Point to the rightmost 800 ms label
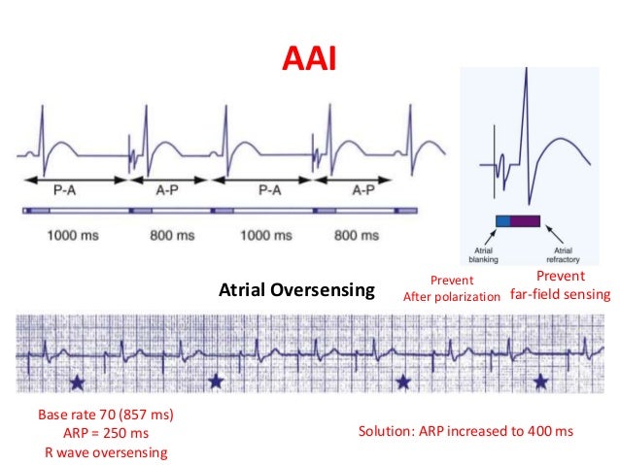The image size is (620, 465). click(364, 234)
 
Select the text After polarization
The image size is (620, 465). click(452, 296)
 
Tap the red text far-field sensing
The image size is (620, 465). click(561, 294)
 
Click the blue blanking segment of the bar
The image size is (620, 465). click(502, 221)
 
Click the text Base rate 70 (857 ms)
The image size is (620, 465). click(105, 415)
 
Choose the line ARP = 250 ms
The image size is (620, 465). click(105, 433)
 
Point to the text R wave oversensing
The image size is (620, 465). click(105, 451)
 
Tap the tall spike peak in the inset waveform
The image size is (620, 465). click(525, 80)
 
